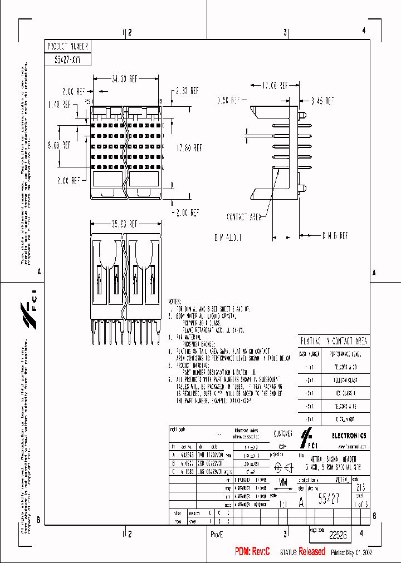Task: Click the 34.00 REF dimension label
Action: click(x=124, y=79)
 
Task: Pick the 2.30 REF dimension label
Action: click(x=187, y=90)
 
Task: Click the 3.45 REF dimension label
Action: click(x=321, y=101)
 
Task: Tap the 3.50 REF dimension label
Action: click(x=228, y=101)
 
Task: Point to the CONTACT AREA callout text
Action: click(x=243, y=216)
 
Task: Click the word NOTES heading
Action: click(x=179, y=300)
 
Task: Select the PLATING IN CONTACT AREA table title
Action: click(x=334, y=341)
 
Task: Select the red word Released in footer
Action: click(x=311, y=551)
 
